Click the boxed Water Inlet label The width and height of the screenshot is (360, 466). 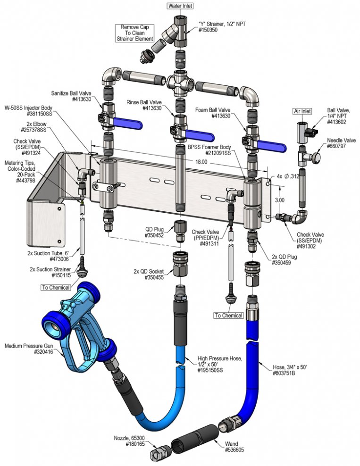[180, 6]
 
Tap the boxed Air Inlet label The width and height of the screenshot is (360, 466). [302, 111]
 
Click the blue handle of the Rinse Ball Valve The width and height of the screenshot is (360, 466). [200, 136]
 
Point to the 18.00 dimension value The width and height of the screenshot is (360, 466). [201, 162]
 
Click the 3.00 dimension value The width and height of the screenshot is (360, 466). [279, 200]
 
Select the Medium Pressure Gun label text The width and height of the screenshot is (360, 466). [29, 346]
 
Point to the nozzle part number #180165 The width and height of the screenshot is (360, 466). [135, 444]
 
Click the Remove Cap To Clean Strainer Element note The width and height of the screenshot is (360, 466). [135, 33]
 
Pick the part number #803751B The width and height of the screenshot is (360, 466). [284, 373]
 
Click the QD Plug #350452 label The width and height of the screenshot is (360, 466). [154, 233]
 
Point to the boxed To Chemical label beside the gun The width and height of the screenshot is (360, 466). [56, 287]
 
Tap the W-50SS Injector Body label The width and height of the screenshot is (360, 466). [28, 110]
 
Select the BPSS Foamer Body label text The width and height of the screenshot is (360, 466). [209, 150]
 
